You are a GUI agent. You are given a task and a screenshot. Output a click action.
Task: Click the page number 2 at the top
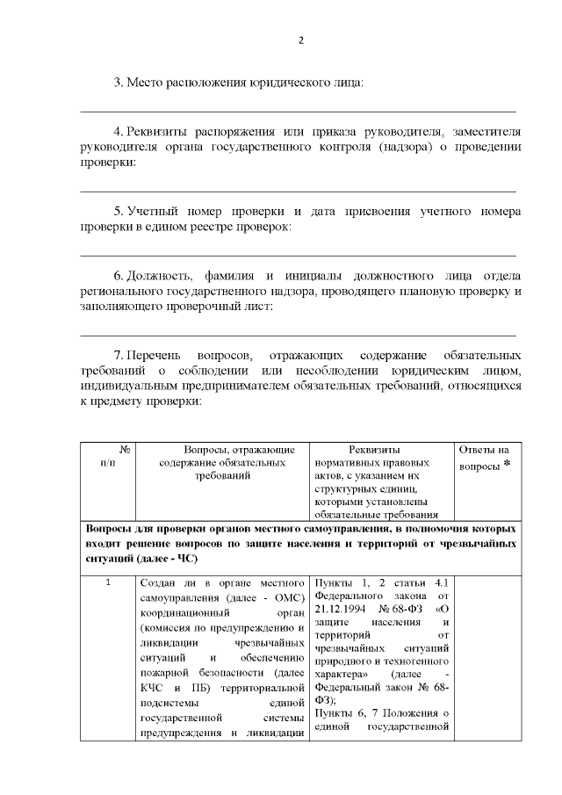pyautogui.click(x=300, y=40)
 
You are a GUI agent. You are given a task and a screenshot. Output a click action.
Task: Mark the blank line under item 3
pyautogui.click(x=299, y=111)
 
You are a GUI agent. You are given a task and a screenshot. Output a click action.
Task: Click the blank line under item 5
pyautogui.click(x=299, y=255)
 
